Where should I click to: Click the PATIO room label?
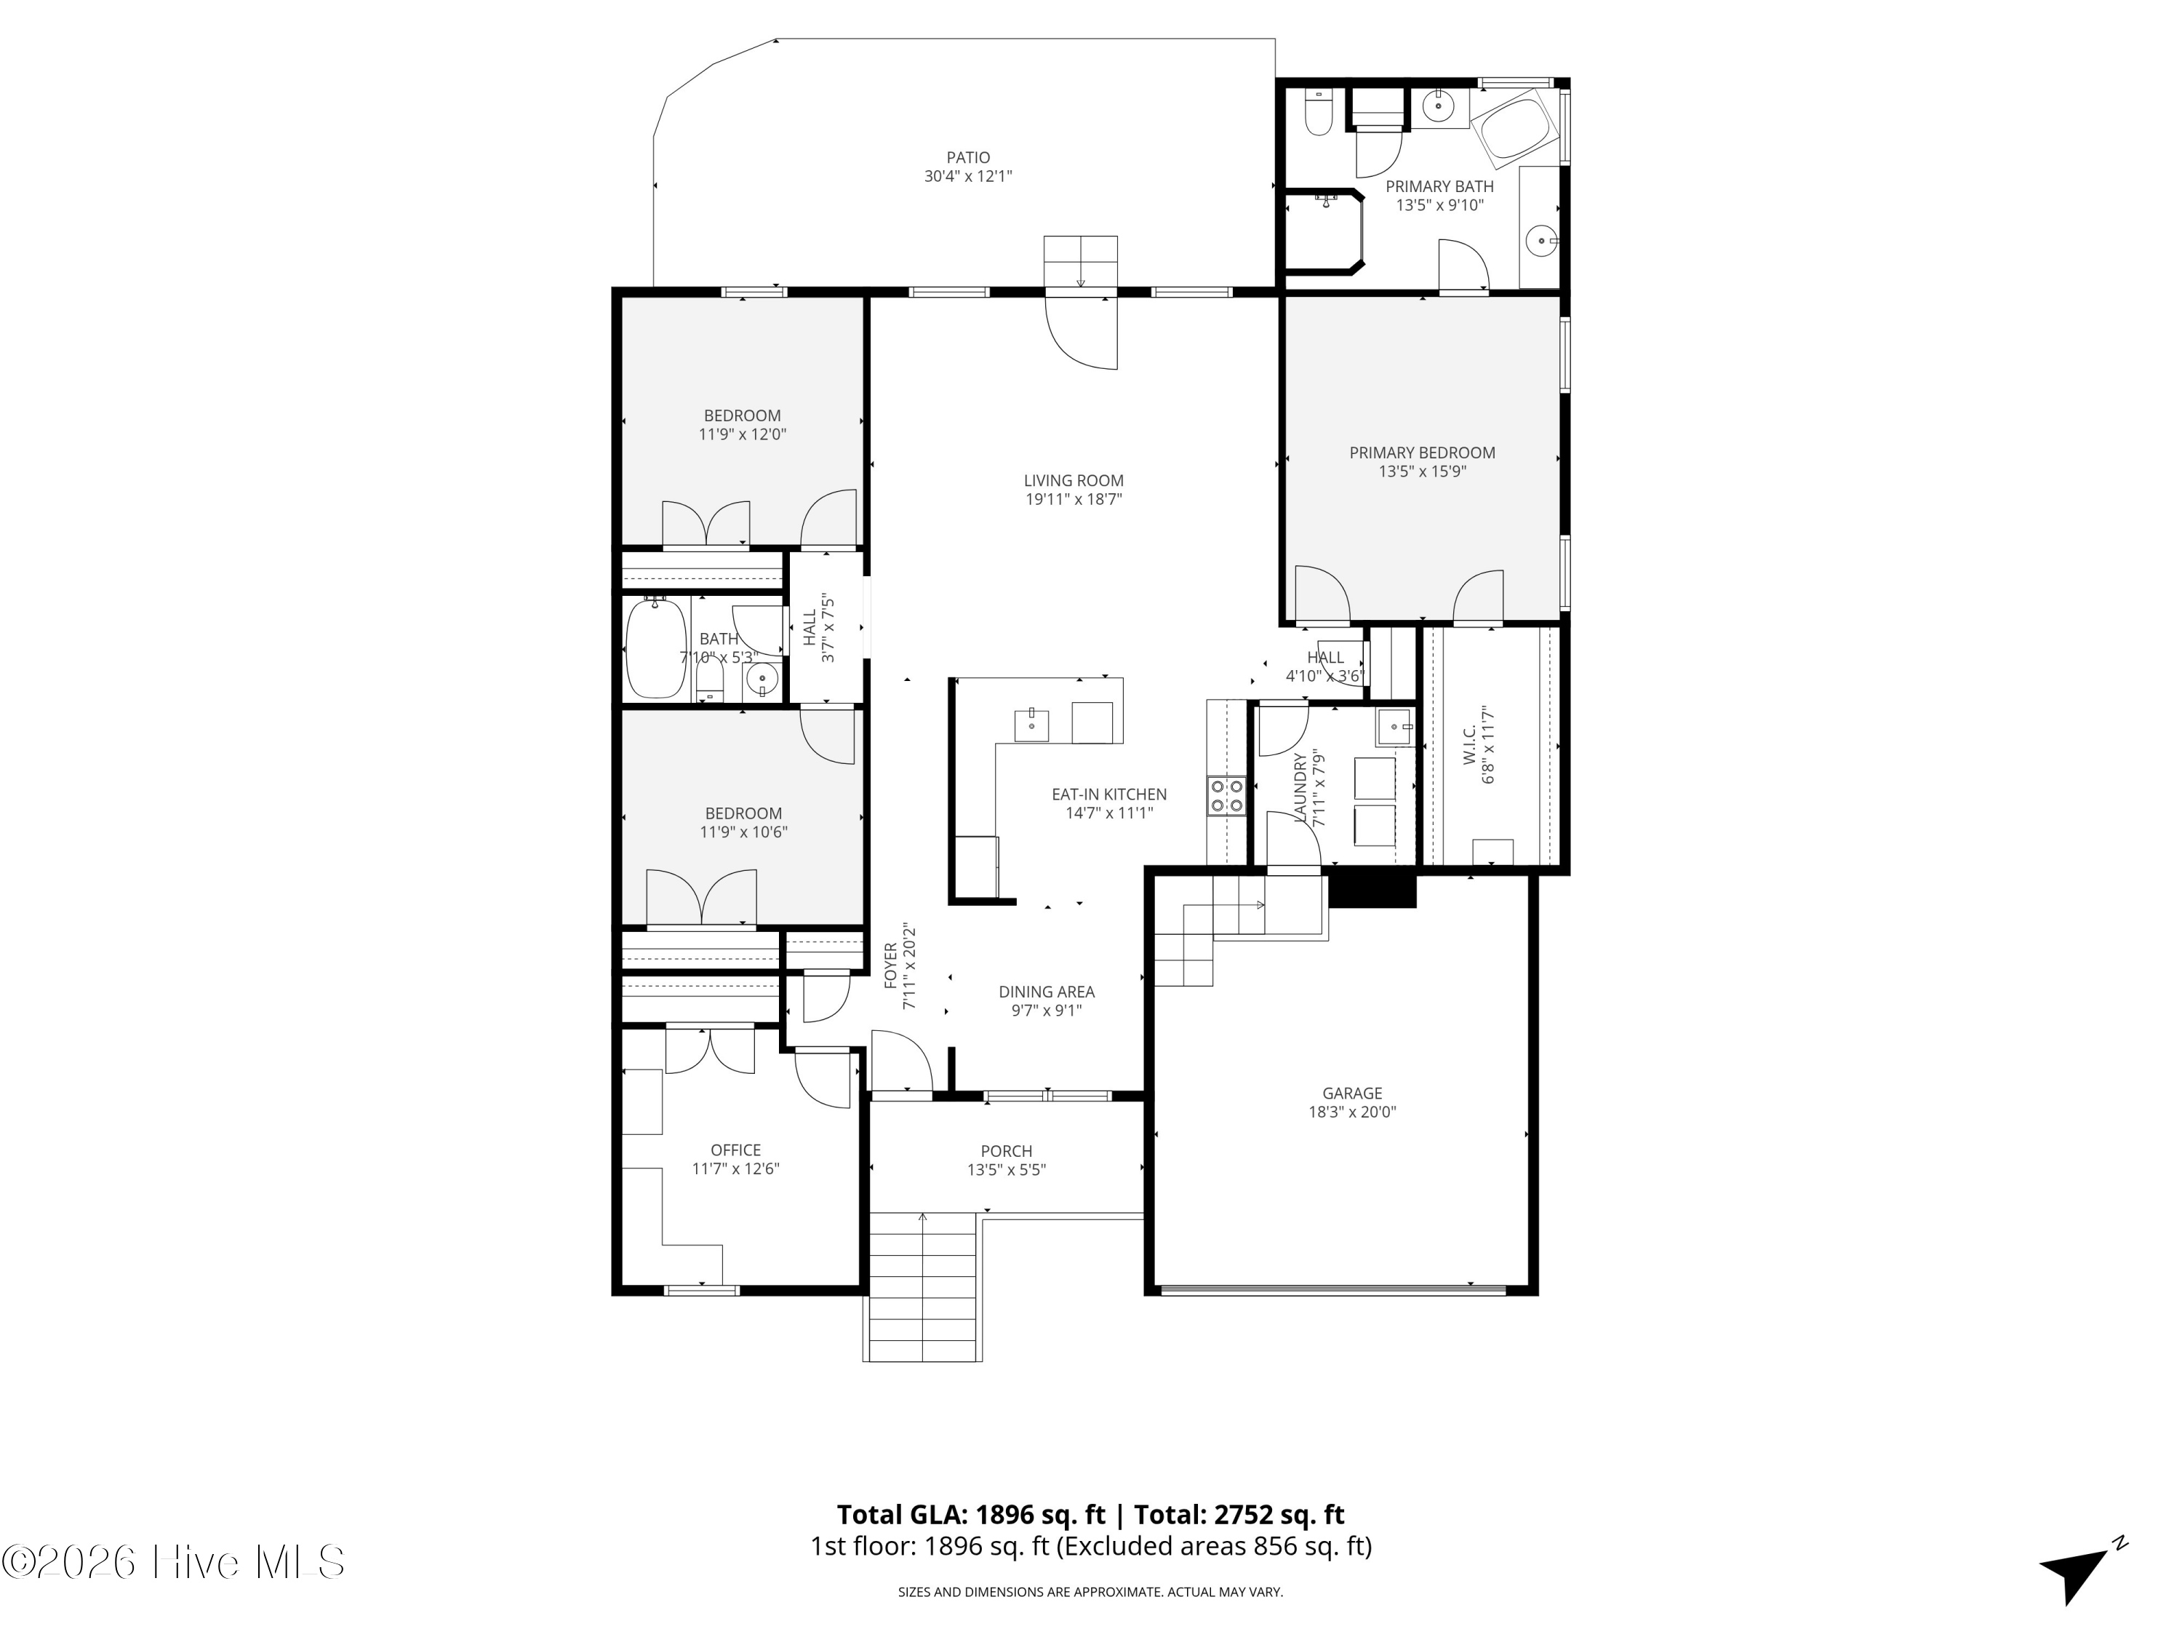coord(967,158)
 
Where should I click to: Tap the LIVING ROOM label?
coord(1074,480)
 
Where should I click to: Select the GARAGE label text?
coord(1351,1094)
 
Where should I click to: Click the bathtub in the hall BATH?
coord(656,648)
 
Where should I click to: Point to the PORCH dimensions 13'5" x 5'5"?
coord(1006,1170)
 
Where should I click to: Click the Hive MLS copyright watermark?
coord(174,1562)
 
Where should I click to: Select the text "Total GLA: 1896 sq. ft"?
coord(971,1515)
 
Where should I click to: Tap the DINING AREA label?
coord(1046,992)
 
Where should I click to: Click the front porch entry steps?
coord(922,1288)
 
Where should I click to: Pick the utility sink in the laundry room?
coord(1396,726)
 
